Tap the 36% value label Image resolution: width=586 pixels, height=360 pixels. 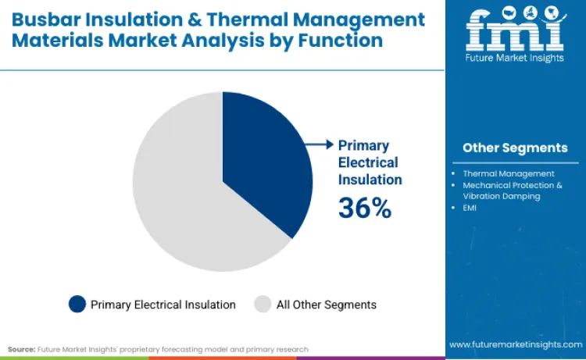364,208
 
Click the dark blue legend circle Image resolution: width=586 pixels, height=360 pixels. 77,305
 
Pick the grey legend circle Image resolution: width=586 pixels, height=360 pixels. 263,305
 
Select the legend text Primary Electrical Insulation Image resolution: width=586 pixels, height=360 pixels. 163,305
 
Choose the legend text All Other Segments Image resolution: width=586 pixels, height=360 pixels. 327,305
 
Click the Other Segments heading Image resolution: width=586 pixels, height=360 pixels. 515,148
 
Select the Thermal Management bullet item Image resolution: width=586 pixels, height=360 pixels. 509,173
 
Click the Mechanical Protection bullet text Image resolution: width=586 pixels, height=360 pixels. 512,185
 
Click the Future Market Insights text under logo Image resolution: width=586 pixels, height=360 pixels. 515,66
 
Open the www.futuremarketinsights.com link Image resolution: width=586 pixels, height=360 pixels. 515,344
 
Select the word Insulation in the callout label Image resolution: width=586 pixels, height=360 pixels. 370,180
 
